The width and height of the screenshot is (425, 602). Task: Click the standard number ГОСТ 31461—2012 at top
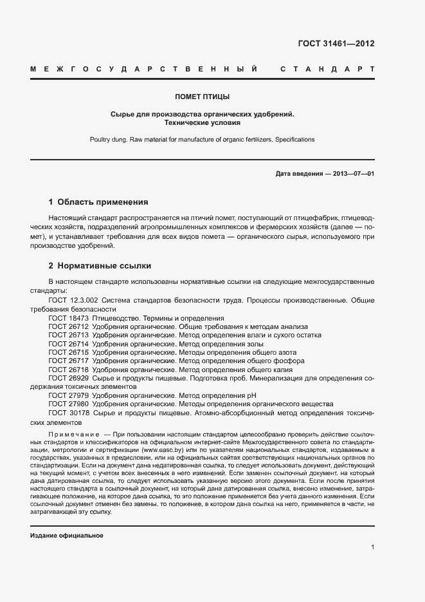pyautogui.click(x=336, y=44)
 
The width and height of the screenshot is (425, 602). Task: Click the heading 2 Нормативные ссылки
pyautogui.click(x=100, y=265)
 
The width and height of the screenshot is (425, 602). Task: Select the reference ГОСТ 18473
pyautogui.click(x=68, y=318)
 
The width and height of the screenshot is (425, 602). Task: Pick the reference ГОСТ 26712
pyautogui.click(x=68, y=327)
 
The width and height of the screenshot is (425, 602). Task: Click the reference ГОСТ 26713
pyautogui.click(x=68, y=335)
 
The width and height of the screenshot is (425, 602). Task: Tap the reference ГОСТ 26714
pyautogui.click(x=68, y=344)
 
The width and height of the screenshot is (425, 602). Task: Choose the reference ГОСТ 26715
pyautogui.click(x=68, y=353)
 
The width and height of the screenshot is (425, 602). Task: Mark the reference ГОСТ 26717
pyautogui.click(x=68, y=361)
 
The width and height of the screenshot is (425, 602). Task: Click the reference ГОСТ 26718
pyautogui.click(x=68, y=370)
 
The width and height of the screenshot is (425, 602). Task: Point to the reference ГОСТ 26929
pyautogui.click(x=68, y=379)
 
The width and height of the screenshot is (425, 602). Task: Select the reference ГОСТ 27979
pyautogui.click(x=68, y=396)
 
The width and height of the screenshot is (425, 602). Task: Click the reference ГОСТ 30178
pyautogui.click(x=68, y=413)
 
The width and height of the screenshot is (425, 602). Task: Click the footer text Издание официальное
pyautogui.click(x=67, y=536)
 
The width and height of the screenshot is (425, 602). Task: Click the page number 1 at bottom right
pyautogui.click(x=372, y=547)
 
